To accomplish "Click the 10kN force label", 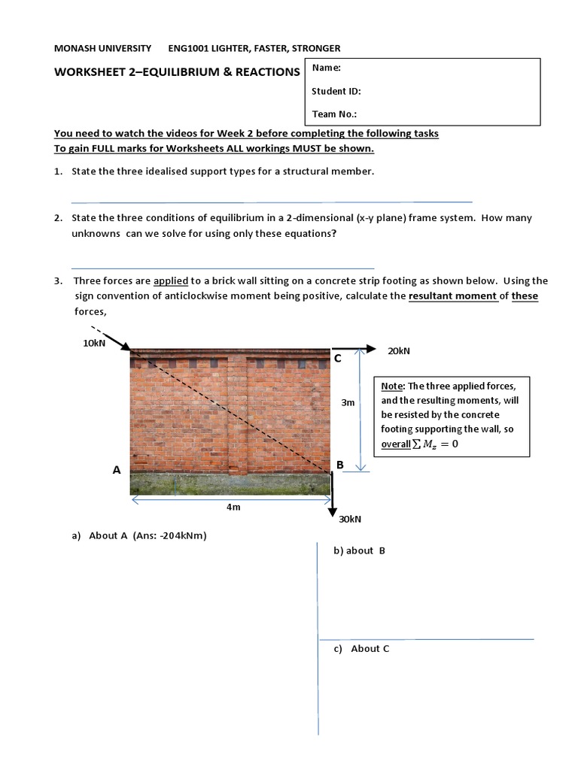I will pos(94,344).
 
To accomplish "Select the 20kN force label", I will pos(399,350).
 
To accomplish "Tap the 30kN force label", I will pos(351,519).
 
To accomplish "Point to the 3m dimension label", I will pos(348,402).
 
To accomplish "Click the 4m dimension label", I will pos(233,507).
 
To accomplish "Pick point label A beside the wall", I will pos(117,470).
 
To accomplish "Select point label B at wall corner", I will pos(340,465).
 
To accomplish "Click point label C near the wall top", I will pos(338,359).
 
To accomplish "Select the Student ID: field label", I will pos(336,91).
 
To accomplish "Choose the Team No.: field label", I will pos(334,114).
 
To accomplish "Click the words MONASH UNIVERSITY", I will pos(102,48).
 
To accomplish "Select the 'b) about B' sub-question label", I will pos(359,550).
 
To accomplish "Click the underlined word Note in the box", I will pos(392,386).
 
